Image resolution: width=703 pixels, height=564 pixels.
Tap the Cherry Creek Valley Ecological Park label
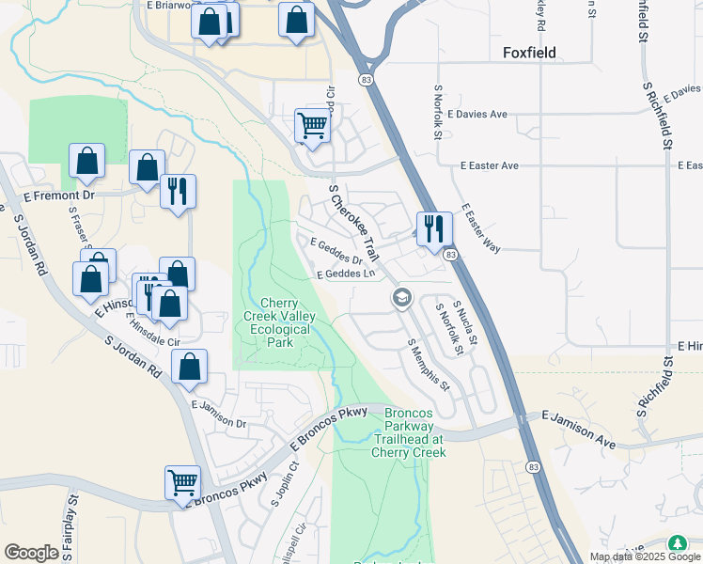(x=279, y=322)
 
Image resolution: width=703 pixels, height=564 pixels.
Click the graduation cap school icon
(x=402, y=298)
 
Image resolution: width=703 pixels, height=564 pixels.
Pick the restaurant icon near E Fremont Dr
(x=177, y=191)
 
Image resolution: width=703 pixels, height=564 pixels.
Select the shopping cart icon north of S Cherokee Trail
(x=312, y=124)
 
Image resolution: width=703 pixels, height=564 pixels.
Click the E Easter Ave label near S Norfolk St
(x=489, y=166)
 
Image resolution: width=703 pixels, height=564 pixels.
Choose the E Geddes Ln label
(x=346, y=274)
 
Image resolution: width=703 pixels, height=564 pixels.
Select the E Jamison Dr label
(x=218, y=415)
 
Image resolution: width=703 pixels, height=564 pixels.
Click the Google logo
(x=31, y=553)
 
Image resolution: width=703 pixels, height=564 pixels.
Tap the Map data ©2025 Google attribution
(x=639, y=556)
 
